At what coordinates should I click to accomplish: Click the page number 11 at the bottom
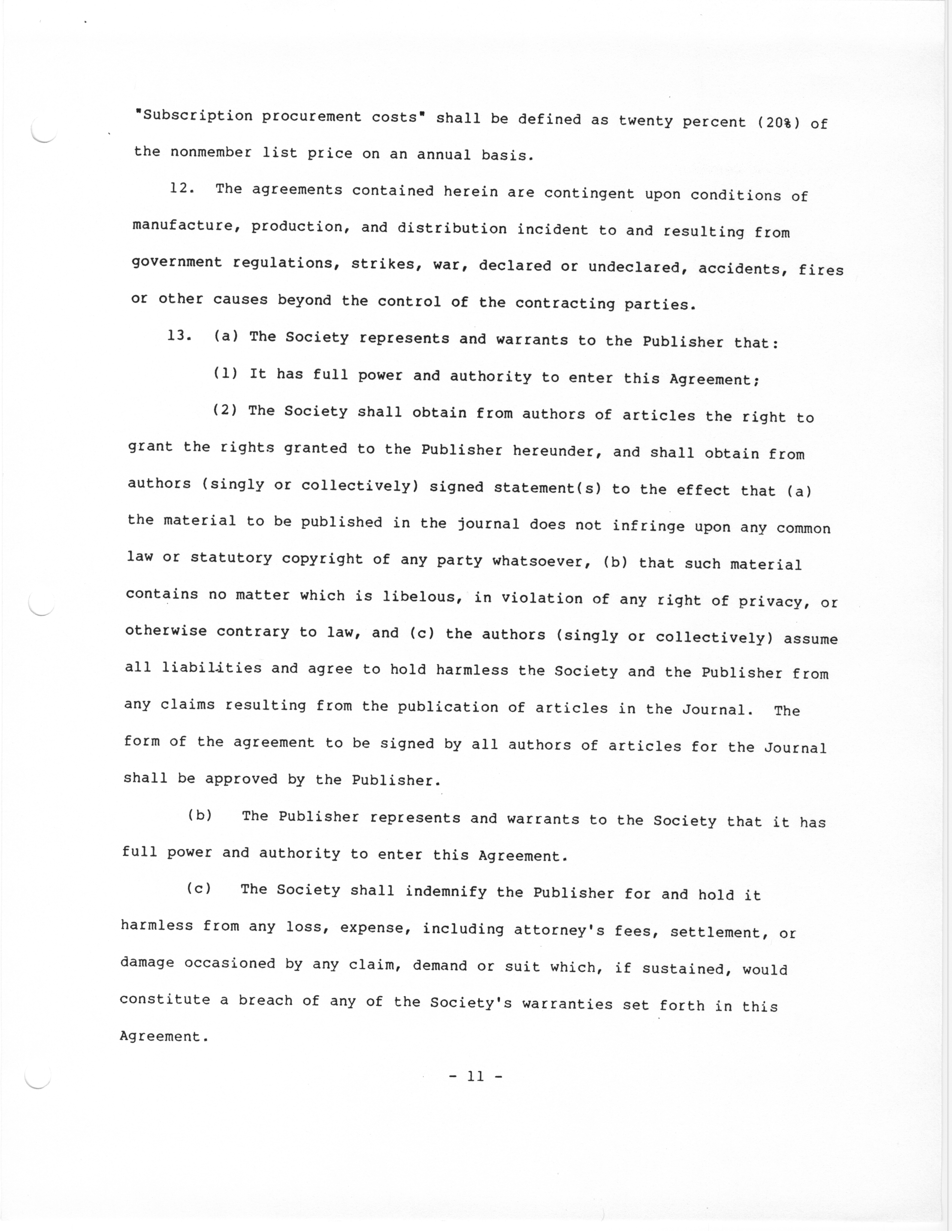475,1077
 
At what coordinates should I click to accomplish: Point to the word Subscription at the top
197,116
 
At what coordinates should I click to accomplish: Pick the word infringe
649,527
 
